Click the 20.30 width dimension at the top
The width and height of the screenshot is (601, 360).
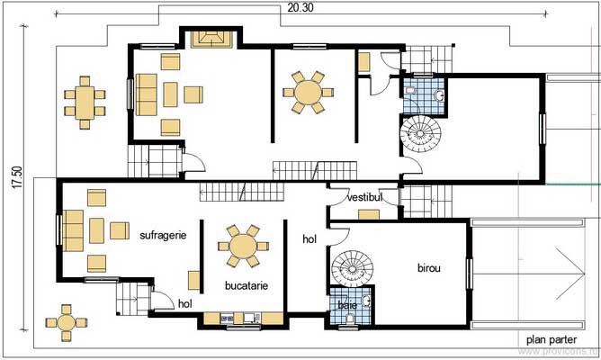coord(301,7)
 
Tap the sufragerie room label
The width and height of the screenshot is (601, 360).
coord(163,236)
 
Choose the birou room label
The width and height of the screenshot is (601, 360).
coord(429,268)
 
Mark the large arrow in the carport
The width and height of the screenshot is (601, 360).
coord(563,265)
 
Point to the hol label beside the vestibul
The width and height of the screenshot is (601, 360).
coord(309,238)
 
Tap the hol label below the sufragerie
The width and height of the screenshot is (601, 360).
coord(185,304)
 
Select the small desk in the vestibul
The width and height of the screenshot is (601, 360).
coord(368,214)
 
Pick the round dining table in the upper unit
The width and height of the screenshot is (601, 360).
coord(307,92)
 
